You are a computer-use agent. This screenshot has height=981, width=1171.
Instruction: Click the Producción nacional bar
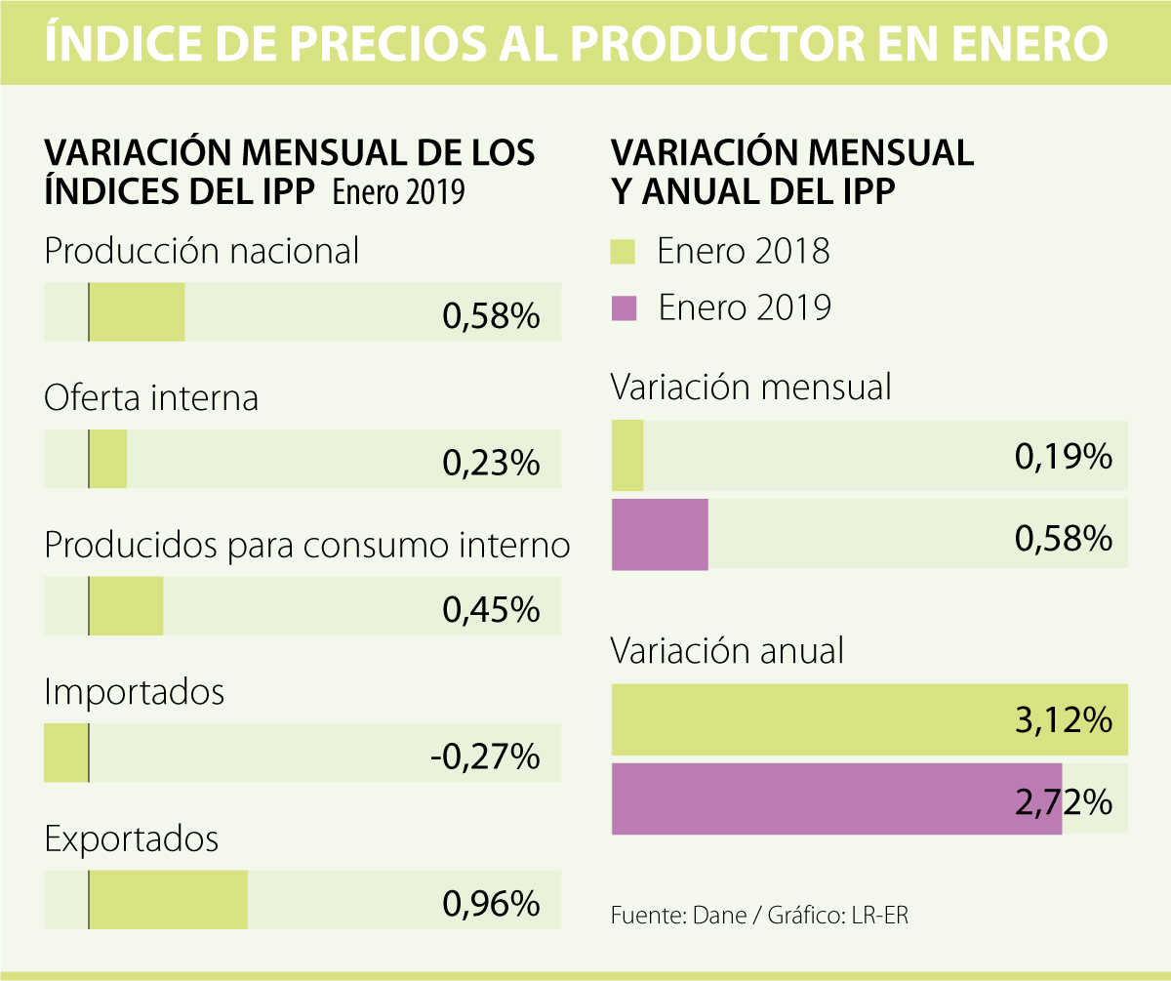click(x=137, y=312)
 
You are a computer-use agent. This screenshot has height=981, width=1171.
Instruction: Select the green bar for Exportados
click(x=168, y=899)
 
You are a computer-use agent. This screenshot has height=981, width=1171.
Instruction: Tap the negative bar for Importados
click(x=66, y=753)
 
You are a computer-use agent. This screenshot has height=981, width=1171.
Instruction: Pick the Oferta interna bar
click(x=108, y=459)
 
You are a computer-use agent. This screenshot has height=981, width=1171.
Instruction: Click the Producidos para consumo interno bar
click(x=126, y=606)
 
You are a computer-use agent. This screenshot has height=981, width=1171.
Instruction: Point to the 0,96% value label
click(x=491, y=903)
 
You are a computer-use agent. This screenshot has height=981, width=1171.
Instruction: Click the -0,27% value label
click(x=485, y=756)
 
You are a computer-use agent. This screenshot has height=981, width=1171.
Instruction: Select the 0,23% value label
click(x=491, y=463)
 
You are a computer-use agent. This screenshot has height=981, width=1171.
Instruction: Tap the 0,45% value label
click(x=491, y=610)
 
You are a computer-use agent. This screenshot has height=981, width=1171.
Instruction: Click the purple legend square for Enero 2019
click(x=624, y=308)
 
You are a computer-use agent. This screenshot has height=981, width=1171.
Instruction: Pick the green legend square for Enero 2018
click(x=624, y=252)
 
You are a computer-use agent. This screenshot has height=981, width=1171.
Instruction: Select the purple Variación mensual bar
click(x=660, y=534)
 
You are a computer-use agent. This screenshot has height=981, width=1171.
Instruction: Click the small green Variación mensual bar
click(x=627, y=456)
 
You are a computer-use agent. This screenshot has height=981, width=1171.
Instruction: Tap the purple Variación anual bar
click(x=836, y=798)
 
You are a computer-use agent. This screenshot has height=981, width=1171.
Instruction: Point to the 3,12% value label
click(x=1064, y=721)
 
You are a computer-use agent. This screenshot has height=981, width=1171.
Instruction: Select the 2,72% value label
click(x=1064, y=801)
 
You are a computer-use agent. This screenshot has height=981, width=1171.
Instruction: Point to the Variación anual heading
click(x=727, y=650)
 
